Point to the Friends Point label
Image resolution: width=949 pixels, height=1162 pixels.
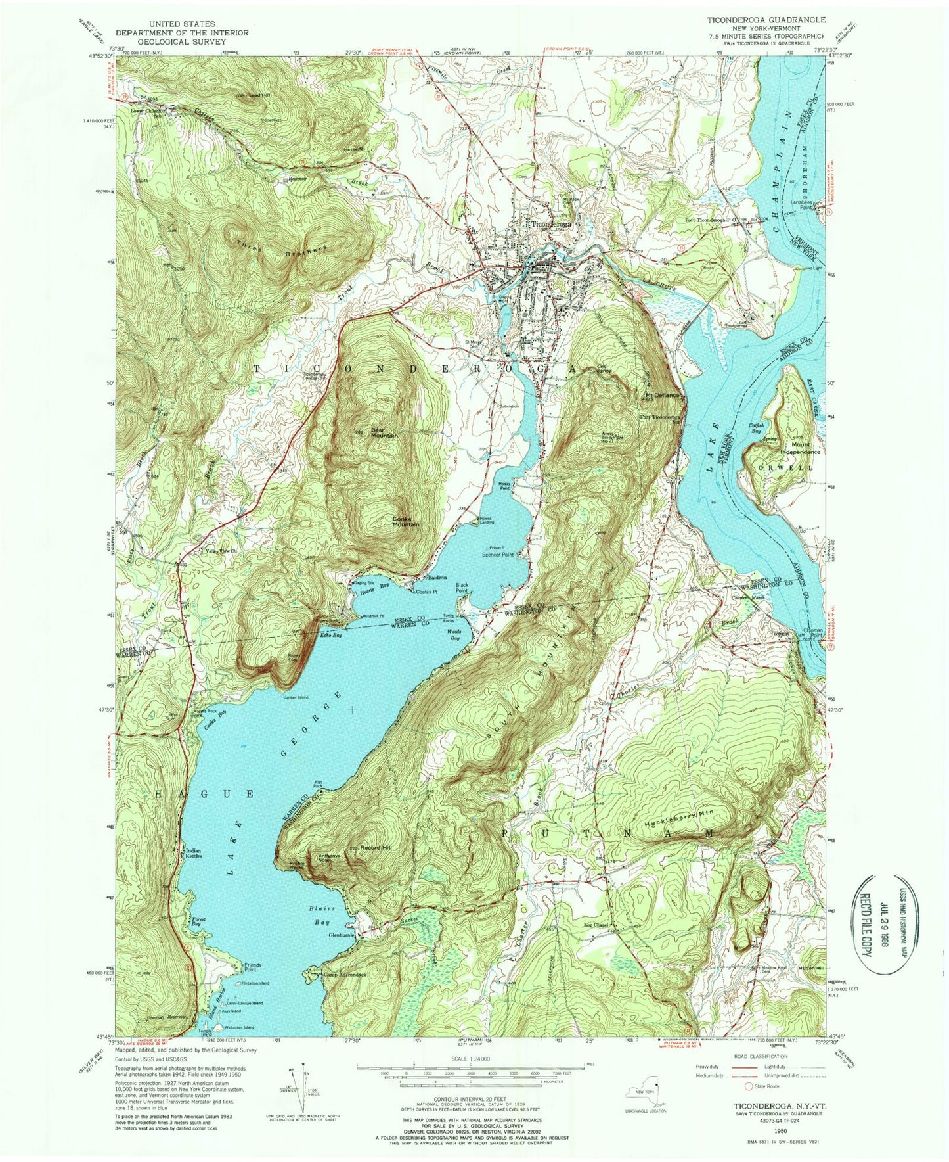point(252,967)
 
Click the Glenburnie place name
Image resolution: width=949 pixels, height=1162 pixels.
point(342,935)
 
